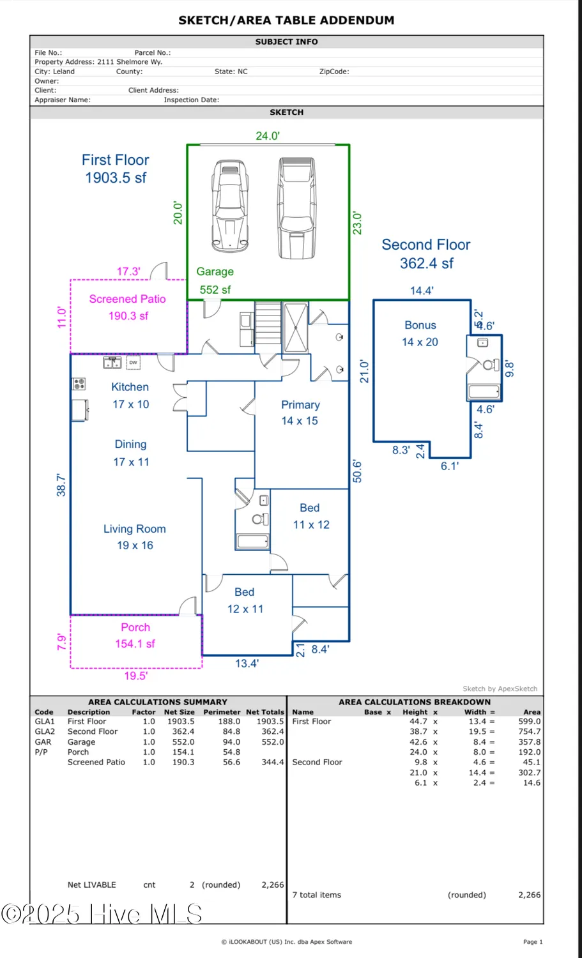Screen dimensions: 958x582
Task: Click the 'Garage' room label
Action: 215,271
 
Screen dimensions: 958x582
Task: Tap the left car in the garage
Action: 230,206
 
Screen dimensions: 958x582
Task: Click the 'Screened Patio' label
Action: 127,299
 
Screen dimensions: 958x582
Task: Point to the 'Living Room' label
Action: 134,529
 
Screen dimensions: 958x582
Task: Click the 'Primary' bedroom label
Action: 300,405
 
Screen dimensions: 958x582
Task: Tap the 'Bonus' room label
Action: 420,325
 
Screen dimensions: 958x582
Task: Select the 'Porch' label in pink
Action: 135,628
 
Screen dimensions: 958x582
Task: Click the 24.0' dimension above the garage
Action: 268,135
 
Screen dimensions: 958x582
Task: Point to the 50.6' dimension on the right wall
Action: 358,471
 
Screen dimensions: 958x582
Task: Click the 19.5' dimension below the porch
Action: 135,676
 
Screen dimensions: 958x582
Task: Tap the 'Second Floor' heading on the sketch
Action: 425,245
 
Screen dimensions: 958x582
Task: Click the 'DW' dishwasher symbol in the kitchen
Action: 133,363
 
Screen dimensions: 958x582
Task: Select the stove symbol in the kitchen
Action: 79,384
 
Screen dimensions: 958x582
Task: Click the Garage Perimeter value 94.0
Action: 231,742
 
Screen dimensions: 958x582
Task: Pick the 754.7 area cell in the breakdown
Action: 529,732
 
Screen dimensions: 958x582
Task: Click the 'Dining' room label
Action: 130,445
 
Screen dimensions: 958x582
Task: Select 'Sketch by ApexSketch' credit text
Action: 500,688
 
